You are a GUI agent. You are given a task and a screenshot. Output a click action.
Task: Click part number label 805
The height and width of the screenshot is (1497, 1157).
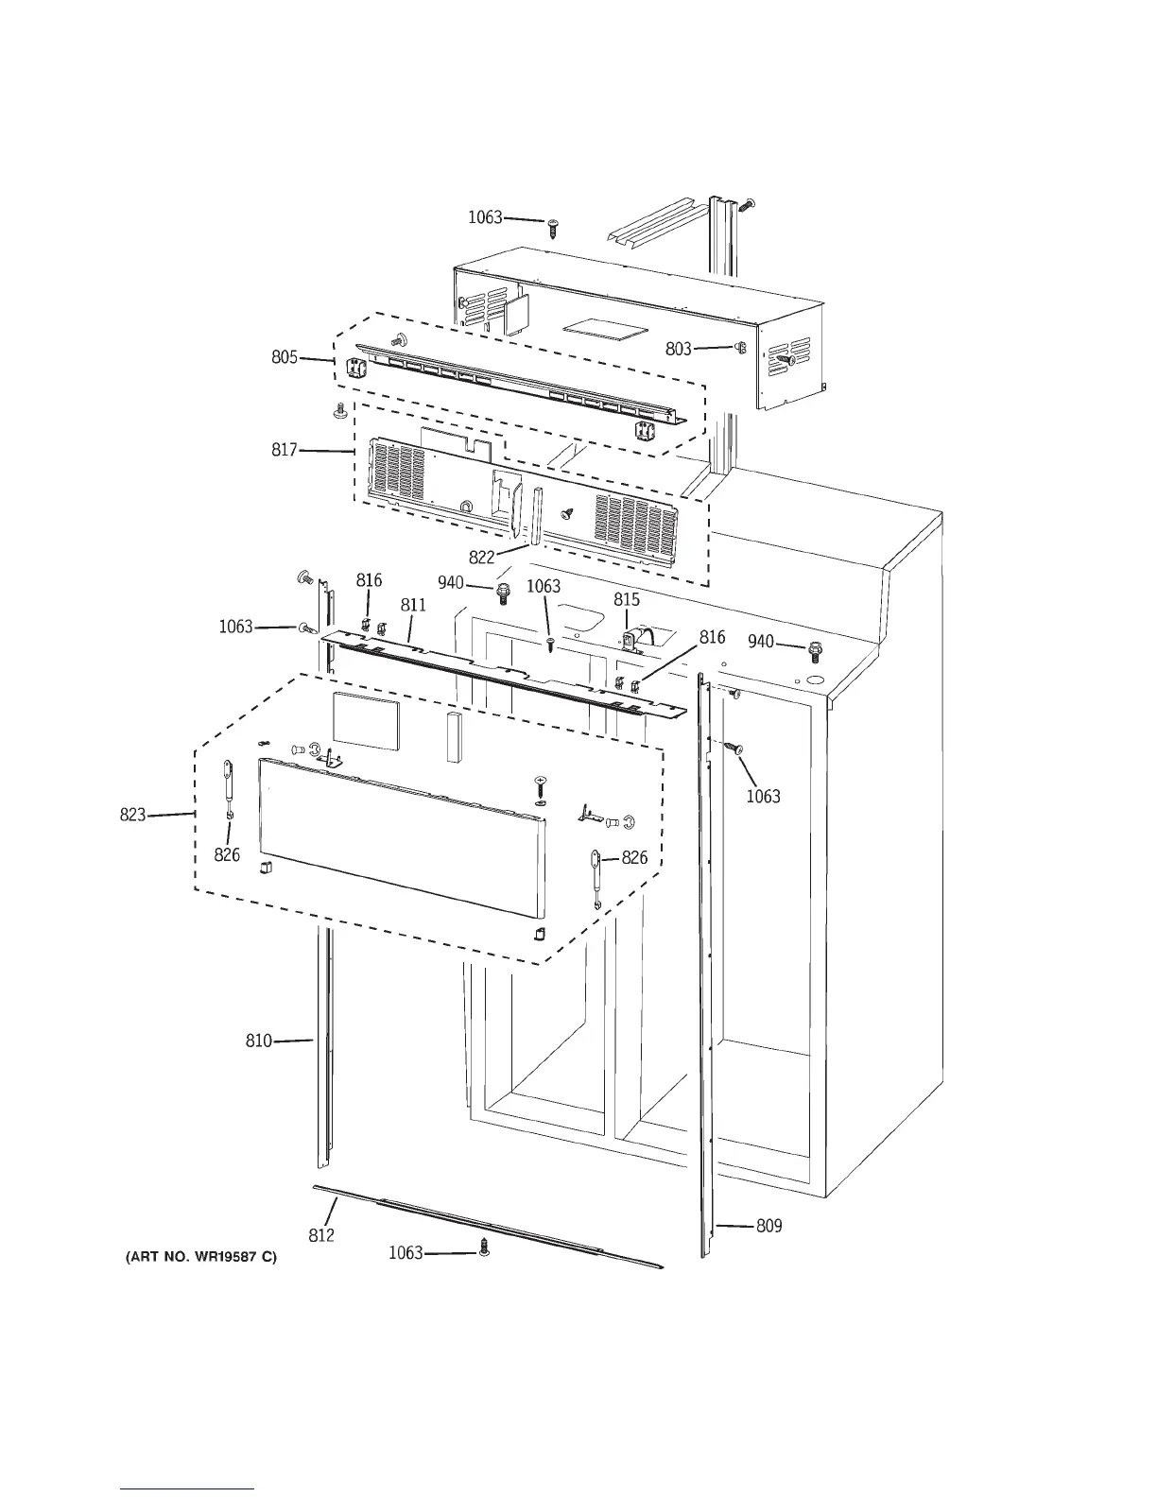pos(285,357)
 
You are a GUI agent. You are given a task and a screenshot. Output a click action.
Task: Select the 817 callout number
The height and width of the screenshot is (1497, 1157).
pos(285,450)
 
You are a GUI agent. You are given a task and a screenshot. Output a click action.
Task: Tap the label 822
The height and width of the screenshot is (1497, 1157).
pos(481,557)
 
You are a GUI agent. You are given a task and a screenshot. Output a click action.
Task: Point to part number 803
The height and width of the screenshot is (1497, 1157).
pos(678,349)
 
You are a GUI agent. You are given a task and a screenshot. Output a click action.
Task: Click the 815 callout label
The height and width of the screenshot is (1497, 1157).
pos(627,599)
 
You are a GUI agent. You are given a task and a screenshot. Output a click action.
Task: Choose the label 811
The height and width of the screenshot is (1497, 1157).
pos(413,605)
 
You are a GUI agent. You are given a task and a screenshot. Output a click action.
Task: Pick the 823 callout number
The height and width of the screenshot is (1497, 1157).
pos(132,814)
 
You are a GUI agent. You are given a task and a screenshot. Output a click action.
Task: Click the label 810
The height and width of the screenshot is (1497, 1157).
pos(259,1041)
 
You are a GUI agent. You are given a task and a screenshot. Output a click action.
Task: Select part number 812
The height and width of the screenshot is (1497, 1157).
pos(321,1234)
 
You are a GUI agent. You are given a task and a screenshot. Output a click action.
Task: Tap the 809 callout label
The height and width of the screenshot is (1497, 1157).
pos(769,1226)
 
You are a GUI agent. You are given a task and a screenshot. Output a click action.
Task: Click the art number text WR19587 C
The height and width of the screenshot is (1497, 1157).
pos(201,1258)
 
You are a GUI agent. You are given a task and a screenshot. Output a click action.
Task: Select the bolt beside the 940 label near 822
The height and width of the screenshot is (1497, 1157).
pos(504,593)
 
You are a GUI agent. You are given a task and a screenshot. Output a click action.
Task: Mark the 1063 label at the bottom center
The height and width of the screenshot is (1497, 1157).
pos(406,1253)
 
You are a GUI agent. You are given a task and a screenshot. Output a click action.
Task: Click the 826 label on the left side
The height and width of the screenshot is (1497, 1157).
pos(227,854)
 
